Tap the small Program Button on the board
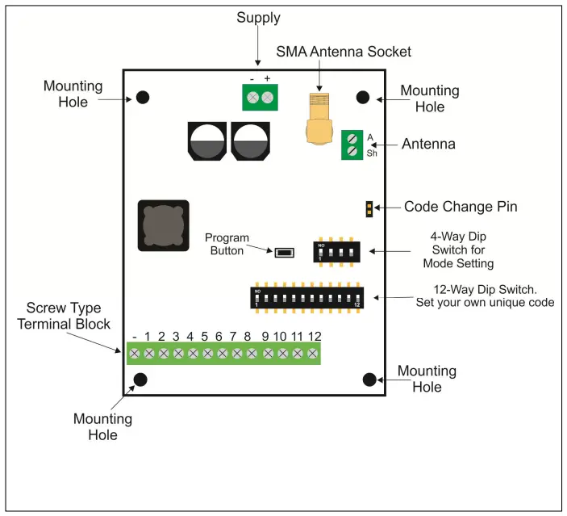[282, 252]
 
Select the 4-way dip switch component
[336, 250]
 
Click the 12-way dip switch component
[306, 298]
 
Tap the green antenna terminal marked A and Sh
[352, 145]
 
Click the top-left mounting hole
[143, 97]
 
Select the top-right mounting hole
[363, 97]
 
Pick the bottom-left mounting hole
[140, 380]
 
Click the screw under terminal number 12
[313, 353]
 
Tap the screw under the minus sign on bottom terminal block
[134, 353]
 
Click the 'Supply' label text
[257, 18]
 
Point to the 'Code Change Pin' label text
[461, 207]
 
